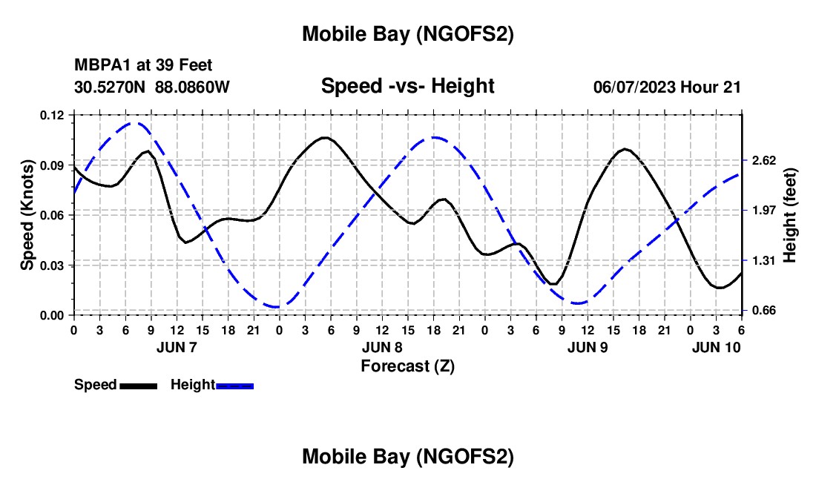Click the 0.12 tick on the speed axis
53,115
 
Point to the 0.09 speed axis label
53,165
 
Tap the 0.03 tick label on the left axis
53,265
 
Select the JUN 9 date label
588,347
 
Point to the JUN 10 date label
717,347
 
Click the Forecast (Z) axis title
407,366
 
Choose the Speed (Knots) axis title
27,215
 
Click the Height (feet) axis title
789,215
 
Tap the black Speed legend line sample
138,386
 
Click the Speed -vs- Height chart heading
407,86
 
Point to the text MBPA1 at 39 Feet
142,66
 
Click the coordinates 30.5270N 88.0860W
152,87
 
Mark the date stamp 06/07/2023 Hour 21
667,87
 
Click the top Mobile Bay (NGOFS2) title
407,34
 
